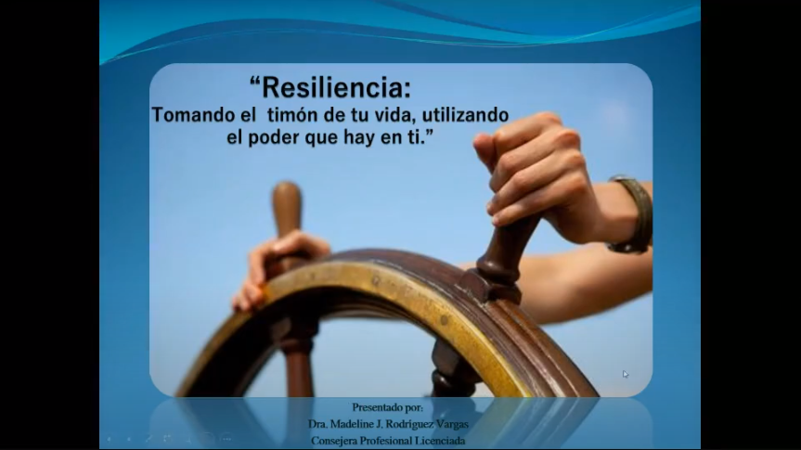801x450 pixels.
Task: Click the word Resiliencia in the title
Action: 335,87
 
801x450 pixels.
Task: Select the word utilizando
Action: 465,114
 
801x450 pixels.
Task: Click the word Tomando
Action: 194,114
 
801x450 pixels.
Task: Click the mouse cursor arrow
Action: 626,374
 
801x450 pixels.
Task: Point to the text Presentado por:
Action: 388,407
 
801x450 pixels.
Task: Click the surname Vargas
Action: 452,424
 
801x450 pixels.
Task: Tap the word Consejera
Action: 333,441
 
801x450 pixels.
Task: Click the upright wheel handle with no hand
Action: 287,210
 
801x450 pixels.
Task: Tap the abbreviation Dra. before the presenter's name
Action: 317,424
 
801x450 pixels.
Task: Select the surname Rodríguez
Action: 408,424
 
